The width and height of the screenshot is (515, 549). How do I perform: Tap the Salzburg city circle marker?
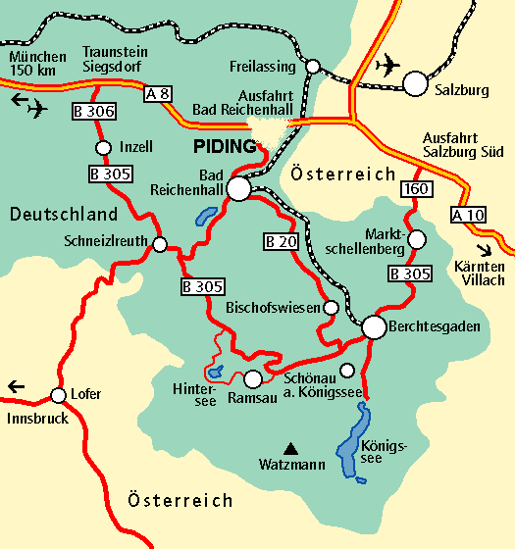[416, 83]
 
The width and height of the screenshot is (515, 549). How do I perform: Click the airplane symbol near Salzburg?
[388, 65]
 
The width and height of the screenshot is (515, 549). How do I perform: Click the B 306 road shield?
[95, 111]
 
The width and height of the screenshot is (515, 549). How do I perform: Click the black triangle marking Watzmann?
[289, 443]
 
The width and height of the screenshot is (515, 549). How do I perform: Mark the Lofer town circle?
[55, 395]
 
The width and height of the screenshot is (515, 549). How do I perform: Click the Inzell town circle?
[103, 148]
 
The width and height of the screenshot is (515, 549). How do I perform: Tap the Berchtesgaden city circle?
[374, 327]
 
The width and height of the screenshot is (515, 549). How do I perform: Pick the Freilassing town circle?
[313, 67]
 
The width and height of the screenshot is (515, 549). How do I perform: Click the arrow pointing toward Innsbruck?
[15, 386]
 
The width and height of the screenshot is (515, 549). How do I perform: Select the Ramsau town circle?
[253, 378]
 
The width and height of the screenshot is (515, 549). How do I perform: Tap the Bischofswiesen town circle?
[332, 308]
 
